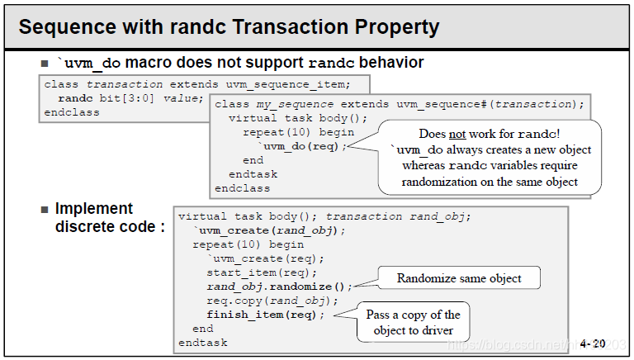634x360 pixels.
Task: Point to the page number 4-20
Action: pos(592,342)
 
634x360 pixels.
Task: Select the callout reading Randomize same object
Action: pos(458,278)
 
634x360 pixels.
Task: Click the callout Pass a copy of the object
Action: pos(413,322)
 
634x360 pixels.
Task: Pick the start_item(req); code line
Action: pos(262,272)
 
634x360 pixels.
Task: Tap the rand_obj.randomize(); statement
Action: pos(279,287)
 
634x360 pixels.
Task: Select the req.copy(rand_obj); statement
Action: pos(264,301)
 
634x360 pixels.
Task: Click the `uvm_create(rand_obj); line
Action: pos(269,230)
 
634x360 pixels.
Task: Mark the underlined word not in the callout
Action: pos(457,133)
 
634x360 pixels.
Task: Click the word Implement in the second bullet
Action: pos(94,208)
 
